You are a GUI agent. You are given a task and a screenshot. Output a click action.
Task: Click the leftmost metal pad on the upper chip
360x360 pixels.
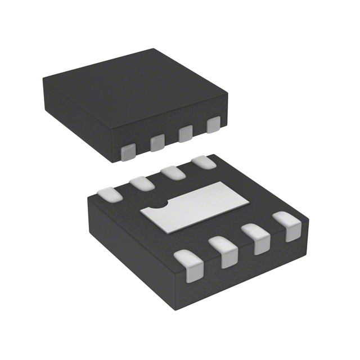point(129,150)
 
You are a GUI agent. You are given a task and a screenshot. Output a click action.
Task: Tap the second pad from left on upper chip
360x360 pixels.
point(157,142)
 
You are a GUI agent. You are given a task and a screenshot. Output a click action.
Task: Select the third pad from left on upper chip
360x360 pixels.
point(185,134)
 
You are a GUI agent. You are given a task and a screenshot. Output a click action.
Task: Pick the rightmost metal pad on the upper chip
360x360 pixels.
point(213,125)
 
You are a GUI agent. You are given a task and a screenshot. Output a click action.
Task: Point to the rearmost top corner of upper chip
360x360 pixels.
point(157,49)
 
